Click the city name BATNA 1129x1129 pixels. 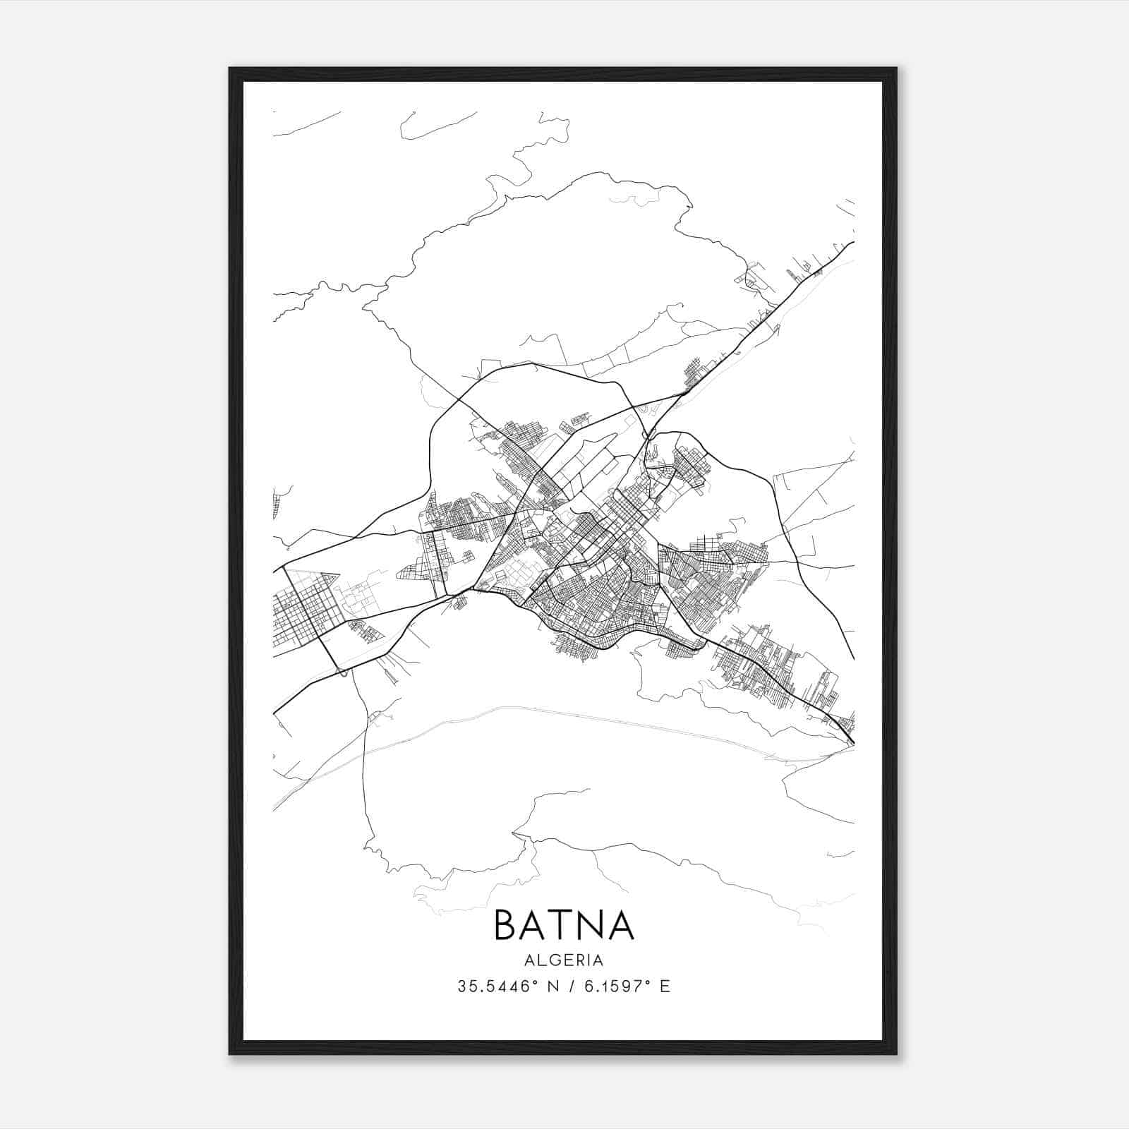tap(564, 925)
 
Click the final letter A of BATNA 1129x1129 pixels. tap(620, 925)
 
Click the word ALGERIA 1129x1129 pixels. tap(564, 960)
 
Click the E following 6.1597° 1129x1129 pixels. tap(665, 986)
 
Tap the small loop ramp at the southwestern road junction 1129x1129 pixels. tap(343, 672)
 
